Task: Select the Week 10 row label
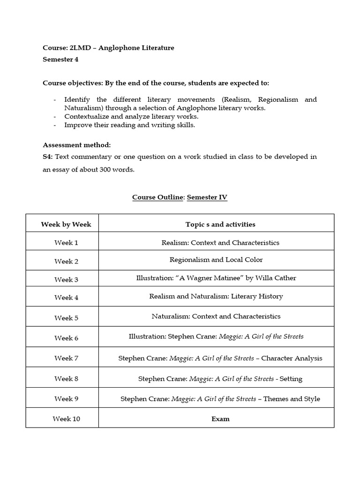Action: point(66,419)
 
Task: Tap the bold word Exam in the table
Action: point(220,419)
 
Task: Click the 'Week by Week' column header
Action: point(66,225)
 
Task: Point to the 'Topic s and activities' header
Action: point(220,225)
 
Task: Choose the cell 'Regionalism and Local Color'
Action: point(216,260)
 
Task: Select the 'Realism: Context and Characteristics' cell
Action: point(220,243)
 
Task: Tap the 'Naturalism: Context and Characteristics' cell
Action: point(216,316)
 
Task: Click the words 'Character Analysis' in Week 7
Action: point(292,358)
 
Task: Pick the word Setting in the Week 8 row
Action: point(291,379)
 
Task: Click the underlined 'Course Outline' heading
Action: point(157,197)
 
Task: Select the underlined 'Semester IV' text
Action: point(207,197)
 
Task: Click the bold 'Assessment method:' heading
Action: point(77,145)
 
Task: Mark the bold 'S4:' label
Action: point(49,157)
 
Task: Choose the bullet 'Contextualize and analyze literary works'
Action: point(131,116)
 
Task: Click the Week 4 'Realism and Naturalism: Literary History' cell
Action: point(216,296)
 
